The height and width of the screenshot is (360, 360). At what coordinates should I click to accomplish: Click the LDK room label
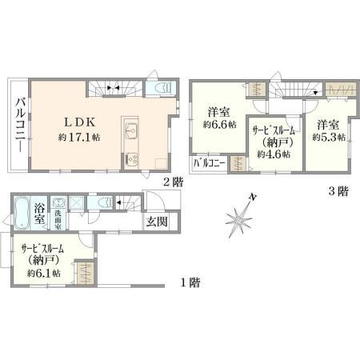coord(80,122)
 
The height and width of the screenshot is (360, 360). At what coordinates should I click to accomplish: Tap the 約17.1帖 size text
coord(79,138)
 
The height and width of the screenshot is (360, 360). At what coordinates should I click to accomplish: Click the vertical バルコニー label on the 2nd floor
coord(20,125)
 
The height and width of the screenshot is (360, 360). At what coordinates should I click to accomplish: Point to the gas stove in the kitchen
coord(131,160)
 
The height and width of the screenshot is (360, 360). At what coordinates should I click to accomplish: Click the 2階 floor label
coord(173,182)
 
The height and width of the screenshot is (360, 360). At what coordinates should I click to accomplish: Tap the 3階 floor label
coord(338,191)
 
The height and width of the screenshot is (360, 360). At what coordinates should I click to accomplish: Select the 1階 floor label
coord(190,282)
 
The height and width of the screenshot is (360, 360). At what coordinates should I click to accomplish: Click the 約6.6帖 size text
coord(220,125)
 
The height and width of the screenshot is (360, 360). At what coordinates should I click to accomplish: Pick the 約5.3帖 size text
coord(329,138)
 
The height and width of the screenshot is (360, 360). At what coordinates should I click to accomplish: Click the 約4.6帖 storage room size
coord(274,154)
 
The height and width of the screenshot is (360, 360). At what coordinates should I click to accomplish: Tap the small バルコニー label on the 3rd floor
coord(210,162)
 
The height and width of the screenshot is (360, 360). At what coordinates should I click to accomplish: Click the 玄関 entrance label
coord(157,222)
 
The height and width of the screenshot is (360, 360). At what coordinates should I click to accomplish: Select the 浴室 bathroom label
coord(39,213)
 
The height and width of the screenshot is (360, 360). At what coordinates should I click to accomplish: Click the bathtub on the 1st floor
coord(22,213)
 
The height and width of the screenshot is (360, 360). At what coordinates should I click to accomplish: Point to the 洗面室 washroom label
coord(58,220)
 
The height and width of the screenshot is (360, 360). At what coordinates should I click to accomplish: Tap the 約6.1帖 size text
coord(44,273)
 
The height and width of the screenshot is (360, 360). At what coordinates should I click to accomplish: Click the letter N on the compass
coord(252,198)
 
